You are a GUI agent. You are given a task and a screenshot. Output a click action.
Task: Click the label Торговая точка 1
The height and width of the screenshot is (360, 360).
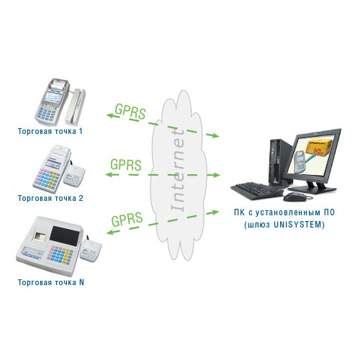coord(50,131)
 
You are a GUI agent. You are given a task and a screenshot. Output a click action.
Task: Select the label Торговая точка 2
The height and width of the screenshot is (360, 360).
coord(50,198)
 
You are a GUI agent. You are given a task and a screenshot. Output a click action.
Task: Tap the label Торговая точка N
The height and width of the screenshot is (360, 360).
coord(51,282)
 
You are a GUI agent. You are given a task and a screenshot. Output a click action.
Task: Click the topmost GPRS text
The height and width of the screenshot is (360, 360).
coord(130,112)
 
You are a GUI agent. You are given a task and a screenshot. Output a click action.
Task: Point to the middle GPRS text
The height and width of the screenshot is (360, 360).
coord(126,164)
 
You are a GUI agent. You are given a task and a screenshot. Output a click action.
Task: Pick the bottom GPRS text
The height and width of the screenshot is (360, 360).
coord(127,220)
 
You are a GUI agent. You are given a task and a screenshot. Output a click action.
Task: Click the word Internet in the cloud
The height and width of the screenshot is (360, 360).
coord(178,171)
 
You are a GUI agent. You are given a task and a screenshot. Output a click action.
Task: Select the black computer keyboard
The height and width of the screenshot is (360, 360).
coord(257,191)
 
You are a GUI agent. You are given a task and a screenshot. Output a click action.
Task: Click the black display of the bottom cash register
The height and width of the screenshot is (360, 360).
coord(65,235)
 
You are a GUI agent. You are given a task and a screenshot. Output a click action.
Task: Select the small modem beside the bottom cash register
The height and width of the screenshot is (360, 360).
coord(90,250)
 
